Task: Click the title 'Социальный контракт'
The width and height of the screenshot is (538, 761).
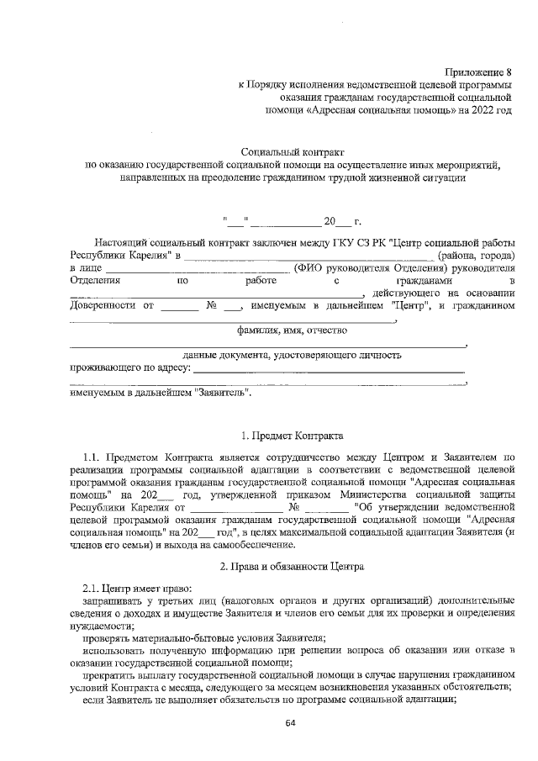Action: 292,152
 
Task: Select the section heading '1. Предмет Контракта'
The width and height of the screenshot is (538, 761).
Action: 292,436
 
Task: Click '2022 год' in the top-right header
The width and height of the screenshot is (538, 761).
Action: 488,110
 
